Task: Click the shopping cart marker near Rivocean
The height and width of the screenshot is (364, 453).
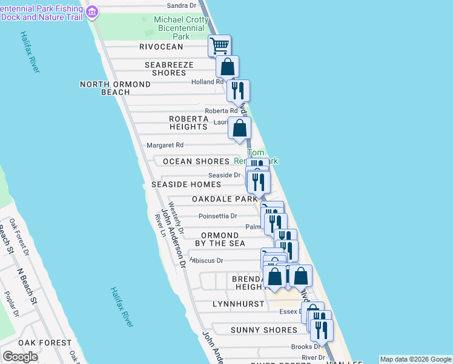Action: coord(219,45)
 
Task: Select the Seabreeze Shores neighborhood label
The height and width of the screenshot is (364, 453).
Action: coord(169,69)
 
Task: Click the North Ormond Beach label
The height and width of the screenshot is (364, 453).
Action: coord(115,88)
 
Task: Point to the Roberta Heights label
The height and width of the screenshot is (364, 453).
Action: coord(188,123)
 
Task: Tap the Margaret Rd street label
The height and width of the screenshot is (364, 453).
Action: coord(165,146)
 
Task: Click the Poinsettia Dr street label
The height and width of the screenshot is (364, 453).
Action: coord(217,216)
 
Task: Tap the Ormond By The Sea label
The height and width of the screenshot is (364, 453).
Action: coord(220,239)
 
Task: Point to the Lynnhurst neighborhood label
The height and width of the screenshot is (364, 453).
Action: coord(239,304)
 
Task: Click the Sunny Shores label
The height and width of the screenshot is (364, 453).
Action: coord(264,330)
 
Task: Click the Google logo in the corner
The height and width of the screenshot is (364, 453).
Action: coord(20,357)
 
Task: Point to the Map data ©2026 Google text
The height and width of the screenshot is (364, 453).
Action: coord(415,359)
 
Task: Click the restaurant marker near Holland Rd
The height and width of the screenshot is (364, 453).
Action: coord(239,90)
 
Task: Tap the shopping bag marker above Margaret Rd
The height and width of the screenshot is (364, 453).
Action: coord(240,128)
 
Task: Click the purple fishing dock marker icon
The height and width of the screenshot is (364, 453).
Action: coord(93,12)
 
